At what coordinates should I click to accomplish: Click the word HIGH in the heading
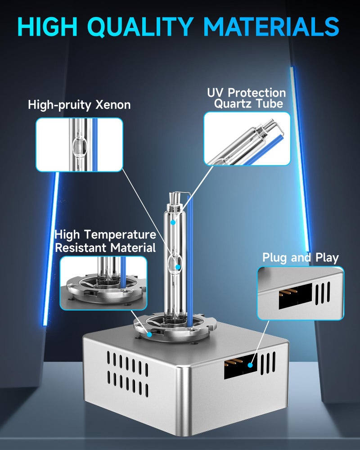[48, 27]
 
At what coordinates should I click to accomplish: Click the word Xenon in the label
[113, 105]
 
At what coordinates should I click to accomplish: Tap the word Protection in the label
[257, 92]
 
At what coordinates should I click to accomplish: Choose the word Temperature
[120, 235]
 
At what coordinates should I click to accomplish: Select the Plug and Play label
[301, 257]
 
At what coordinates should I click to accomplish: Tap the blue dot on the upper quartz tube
[173, 222]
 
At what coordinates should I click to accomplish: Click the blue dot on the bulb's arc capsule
[178, 267]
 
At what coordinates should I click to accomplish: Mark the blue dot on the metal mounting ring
[149, 334]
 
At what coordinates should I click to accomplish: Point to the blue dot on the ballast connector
[250, 365]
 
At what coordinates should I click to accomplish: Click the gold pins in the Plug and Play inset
[288, 292]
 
